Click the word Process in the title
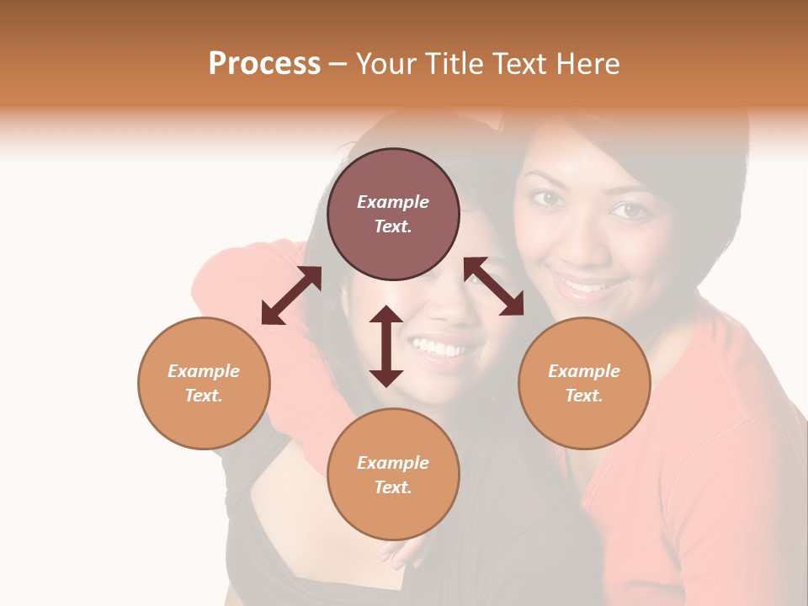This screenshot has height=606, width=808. (x=264, y=64)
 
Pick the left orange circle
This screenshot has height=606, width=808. (x=204, y=383)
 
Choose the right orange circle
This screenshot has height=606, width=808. (x=584, y=383)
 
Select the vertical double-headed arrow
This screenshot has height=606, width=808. (x=386, y=346)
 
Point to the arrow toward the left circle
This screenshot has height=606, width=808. (x=291, y=295)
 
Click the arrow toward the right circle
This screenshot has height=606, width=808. (x=494, y=286)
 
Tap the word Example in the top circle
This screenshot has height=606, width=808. (x=393, y=202)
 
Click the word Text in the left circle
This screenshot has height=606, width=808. (x=204, y=396)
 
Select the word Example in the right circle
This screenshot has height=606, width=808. (x=584, y=371)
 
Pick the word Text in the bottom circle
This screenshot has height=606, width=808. (x=393, y=487)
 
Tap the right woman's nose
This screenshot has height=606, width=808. (x=582, y=244)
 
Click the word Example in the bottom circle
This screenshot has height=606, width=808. (x=393, y=463)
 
